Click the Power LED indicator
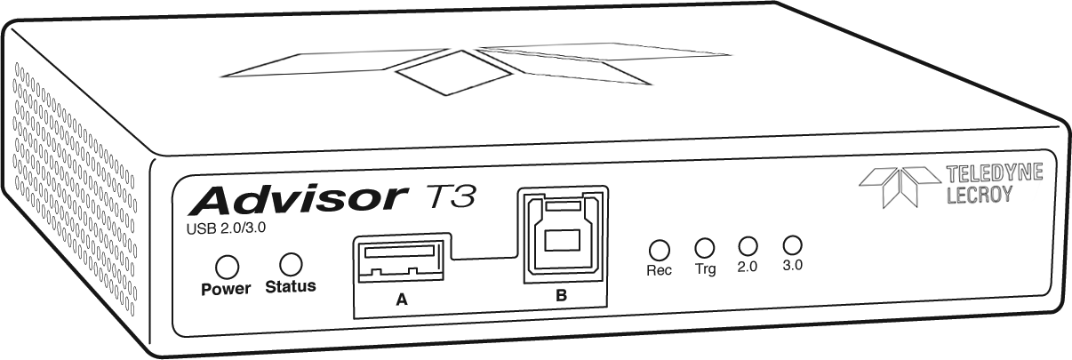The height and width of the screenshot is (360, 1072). [227, 268]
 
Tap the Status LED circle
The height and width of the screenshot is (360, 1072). [291, 264]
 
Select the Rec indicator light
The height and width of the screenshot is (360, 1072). [659, 250]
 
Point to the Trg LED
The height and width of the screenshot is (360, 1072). [705, 248]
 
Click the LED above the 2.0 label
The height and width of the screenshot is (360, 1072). [748, 246]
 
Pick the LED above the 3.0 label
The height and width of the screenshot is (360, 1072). [792, 244]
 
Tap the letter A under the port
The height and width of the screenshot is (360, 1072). [402, 300]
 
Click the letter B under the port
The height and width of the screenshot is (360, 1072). [562, 295]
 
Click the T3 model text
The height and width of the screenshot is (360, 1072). [448, 196]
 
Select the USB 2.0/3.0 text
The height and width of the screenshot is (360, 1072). [226, 228]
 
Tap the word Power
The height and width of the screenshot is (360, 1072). [226, 289]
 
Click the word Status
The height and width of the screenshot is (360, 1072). [291, 286]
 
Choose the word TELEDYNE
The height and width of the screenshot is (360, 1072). [995, 172]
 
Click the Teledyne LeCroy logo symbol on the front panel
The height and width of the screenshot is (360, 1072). [900, 187]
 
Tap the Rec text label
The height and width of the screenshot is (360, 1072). [659, 270]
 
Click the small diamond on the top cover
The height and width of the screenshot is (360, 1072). [453, 73]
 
